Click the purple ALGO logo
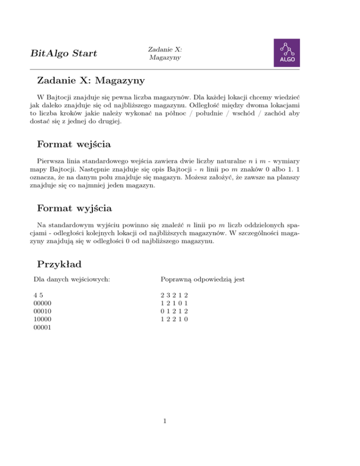coord(287,53)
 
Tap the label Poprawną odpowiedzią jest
coord(202,280)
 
